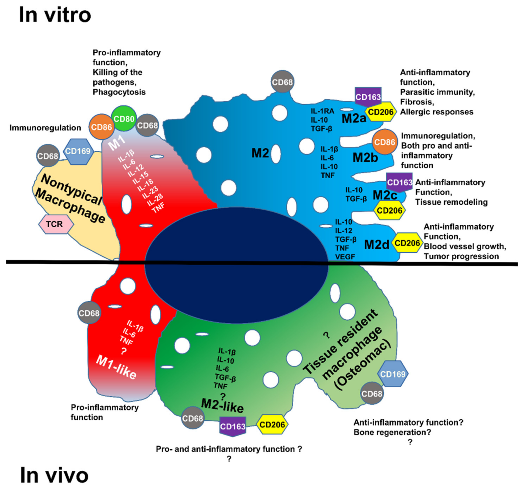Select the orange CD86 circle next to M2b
point(385,142)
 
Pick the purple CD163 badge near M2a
point(368,97)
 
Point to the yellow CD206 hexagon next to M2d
point(407,243)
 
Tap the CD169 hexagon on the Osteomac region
point(393,374)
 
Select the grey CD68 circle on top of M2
point(282,82)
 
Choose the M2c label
point(385,195)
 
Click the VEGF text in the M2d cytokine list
point(345,257)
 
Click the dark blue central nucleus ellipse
point(236,265)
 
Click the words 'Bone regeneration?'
point(392,432)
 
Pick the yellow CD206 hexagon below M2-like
point(272,425)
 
